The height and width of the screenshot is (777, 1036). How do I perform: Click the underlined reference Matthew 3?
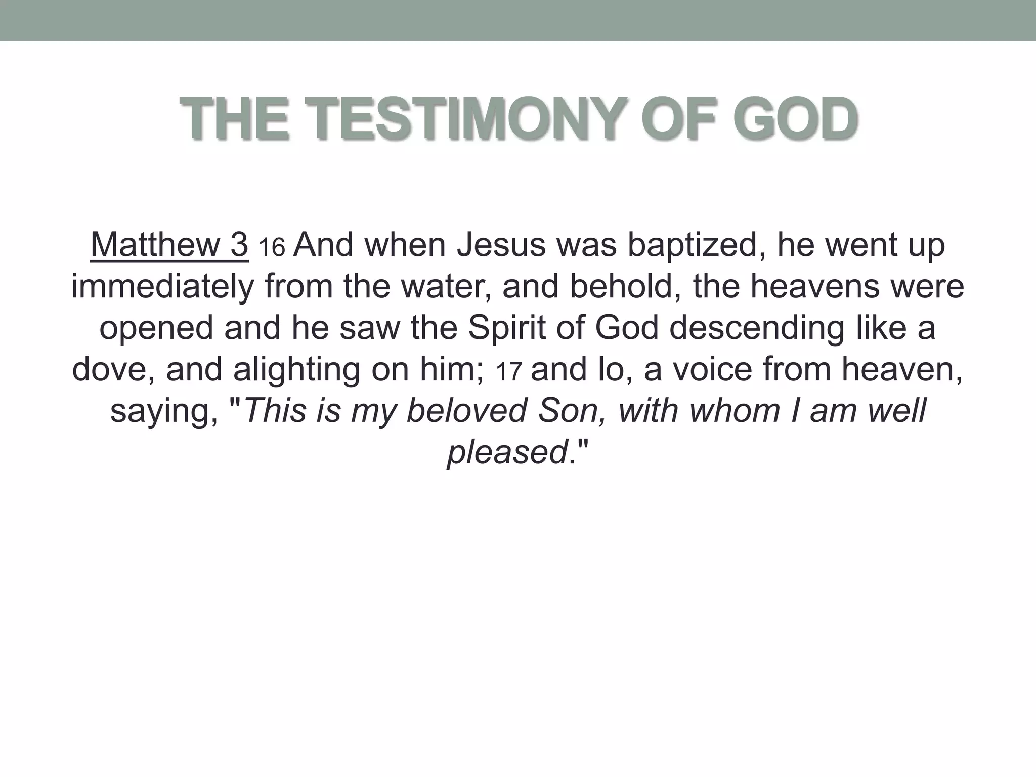(x=169, y=245)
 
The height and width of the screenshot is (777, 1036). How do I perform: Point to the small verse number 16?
(x=272, y=248)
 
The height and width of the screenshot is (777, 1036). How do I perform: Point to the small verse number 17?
(x=508, y=372)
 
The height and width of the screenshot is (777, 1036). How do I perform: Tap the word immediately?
(x=162, y=287)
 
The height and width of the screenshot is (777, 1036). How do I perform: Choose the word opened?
(x=156, y=328)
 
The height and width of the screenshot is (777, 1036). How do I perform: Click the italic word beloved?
(x=467, y=411)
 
